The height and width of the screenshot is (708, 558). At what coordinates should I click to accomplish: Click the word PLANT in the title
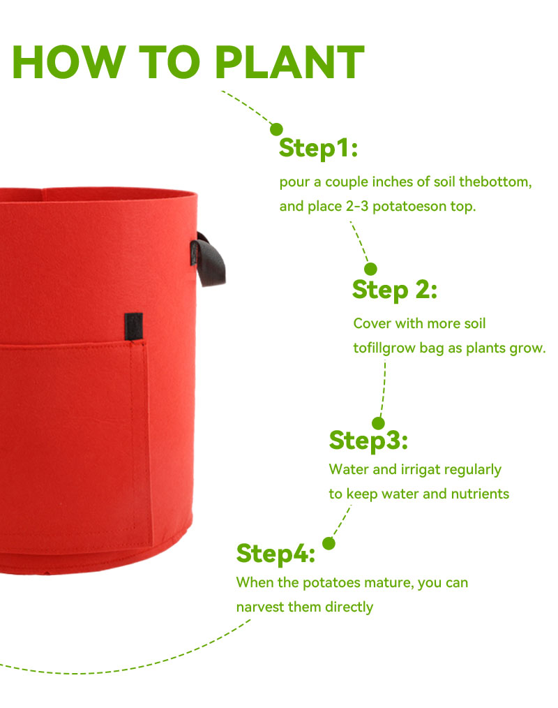click(289, 62)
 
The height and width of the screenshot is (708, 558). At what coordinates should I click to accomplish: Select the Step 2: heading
click(395, 290)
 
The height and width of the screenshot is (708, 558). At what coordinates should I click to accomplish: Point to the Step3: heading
click(368, 441)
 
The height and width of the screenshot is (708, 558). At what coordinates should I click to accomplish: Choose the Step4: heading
click(276, 554)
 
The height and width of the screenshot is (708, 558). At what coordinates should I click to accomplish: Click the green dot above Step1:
click(276, 129)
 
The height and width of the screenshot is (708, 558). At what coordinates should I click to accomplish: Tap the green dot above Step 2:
click(370, 269)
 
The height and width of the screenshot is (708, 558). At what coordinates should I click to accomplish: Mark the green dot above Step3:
click(379, 424)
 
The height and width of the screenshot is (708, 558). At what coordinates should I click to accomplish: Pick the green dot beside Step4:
click(329, 544)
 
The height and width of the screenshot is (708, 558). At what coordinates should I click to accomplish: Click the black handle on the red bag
click(209, 260)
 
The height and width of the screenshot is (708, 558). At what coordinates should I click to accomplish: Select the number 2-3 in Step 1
click(357, 207)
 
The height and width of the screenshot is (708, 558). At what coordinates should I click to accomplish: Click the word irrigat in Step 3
click(421, 470)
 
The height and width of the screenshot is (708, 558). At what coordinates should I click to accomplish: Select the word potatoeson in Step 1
click(409, 207)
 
